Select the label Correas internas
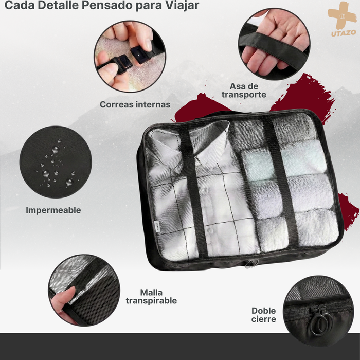[135, 104]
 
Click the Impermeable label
[53, 210]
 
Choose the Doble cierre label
[263, 315]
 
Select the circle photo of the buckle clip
[129, 56]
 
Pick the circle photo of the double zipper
[313, 312]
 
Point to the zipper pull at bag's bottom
[250, 264]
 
